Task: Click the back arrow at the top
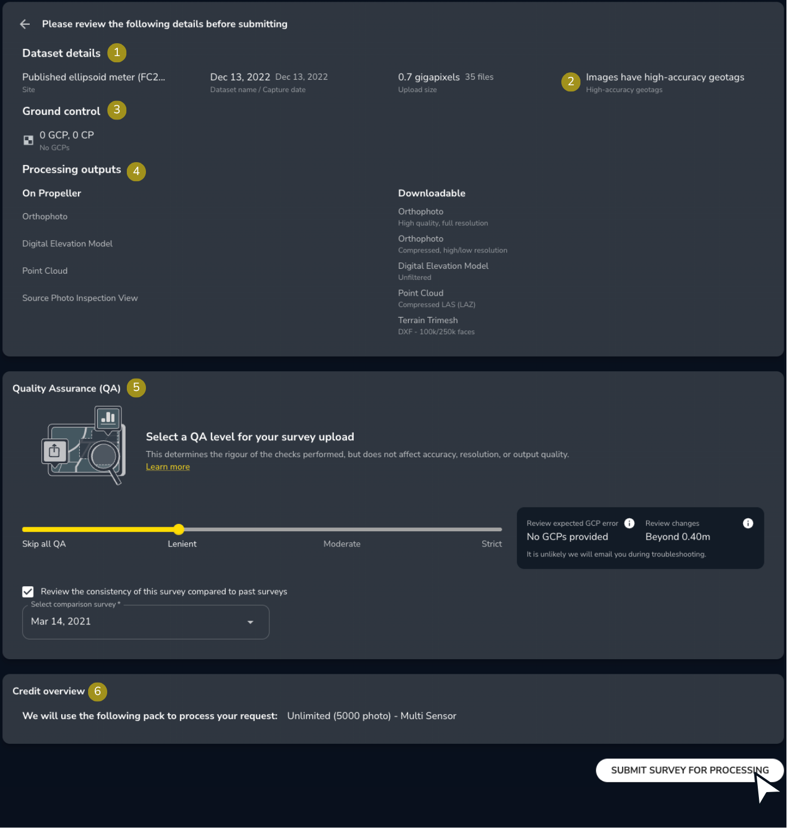coord(25,24)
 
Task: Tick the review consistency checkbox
coord(28,592)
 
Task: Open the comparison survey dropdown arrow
coord(250,622)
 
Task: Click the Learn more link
coord(168,467)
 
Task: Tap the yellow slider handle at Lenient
coord(179,529)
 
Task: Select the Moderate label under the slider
coord(342,544)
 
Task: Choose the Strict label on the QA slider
coord(491,544)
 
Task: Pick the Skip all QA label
coord(44,544)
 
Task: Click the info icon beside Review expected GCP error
coord(629,523)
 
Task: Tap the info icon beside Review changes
coord(748,523)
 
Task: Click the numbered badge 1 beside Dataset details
coord(117,53)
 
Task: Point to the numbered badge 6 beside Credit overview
coord(98,691)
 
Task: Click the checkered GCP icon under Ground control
coord(28,140)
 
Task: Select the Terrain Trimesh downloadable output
coord(428,320)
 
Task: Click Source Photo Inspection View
coord(80,298)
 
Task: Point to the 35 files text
coord(479,77)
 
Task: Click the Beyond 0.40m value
coord(678,537)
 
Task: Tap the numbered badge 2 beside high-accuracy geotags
coord(571,82)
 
